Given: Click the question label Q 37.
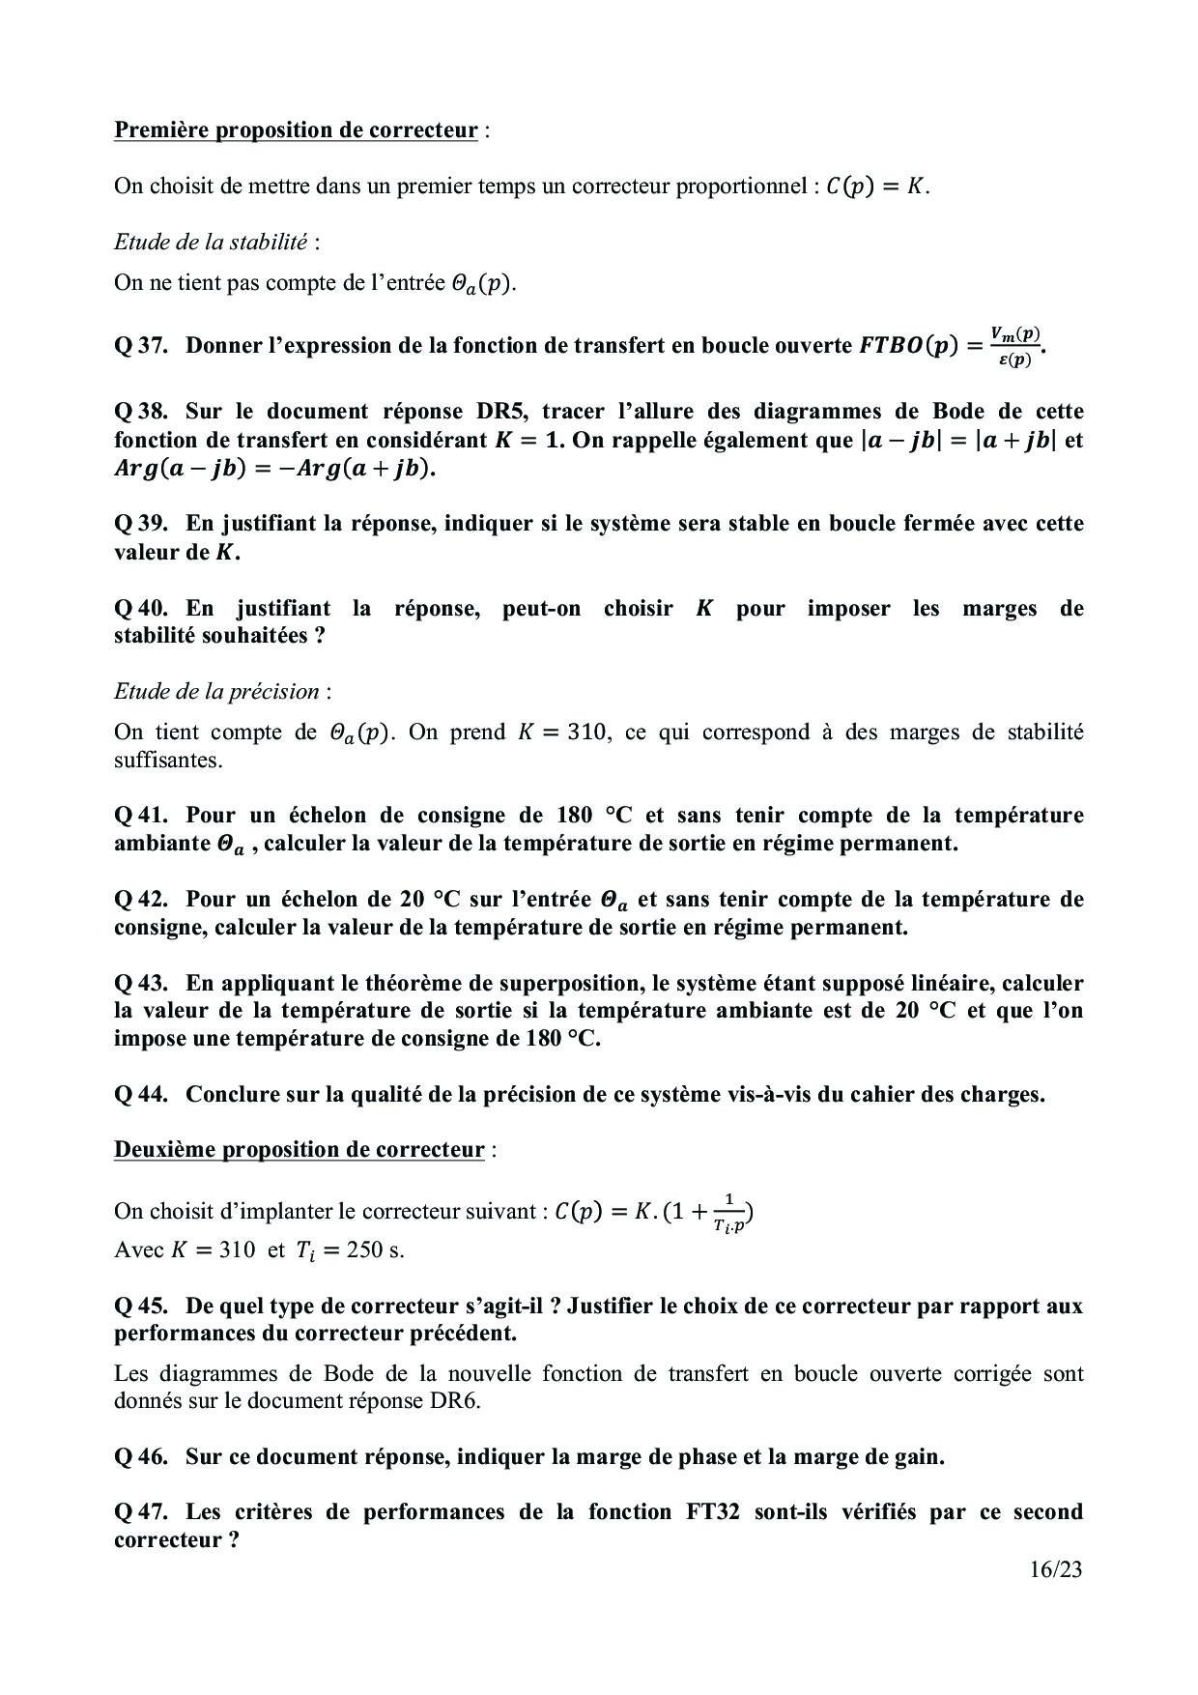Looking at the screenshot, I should (141, 345).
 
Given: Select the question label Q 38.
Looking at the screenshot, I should (141, 412).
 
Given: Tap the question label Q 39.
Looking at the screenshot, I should (141, 524).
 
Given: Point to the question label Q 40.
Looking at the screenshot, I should (141, 609).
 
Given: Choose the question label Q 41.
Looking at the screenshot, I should (141, 816).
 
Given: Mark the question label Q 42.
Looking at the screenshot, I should (141, 900).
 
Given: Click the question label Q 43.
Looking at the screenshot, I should (141, 984).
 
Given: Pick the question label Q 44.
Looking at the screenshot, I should (141, 1095).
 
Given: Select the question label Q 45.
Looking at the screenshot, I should (141, 1307).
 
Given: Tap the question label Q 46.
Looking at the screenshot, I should (141, 1456).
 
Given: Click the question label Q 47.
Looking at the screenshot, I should (141, 1512).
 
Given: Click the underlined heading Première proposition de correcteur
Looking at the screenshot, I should (296, 130).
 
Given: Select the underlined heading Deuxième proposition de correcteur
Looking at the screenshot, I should (299, 1150).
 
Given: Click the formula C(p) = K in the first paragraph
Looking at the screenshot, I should (876, 187).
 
